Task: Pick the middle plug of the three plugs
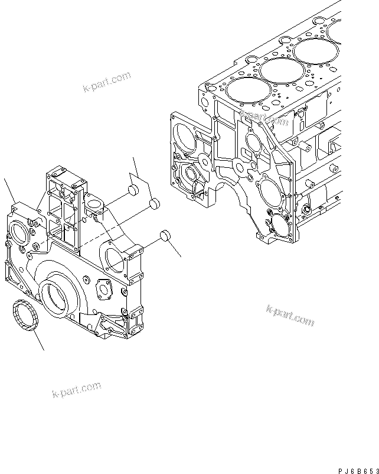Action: [155, 204]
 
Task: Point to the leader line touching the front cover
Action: [9, 189]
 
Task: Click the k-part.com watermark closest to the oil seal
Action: [77, 391]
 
